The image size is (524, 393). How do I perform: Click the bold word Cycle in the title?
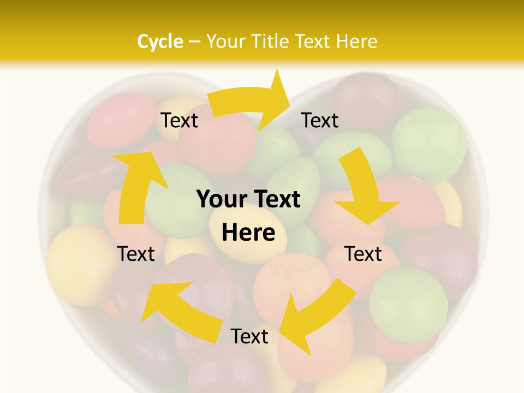coord(160,41)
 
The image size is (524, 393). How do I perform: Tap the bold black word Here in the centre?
coord(248,233)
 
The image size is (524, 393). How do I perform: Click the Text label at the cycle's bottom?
coord(249,337)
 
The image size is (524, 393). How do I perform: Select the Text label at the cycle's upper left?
coord(179,121)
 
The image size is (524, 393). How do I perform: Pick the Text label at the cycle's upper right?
coord(320,121)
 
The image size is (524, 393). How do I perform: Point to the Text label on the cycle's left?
coord(136,254)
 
